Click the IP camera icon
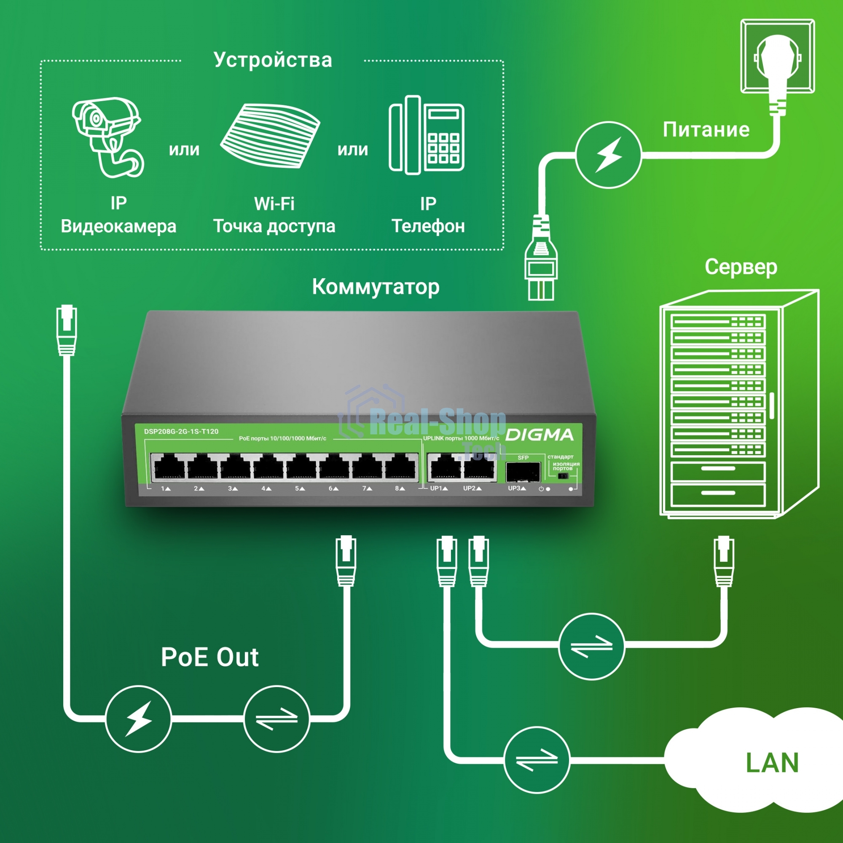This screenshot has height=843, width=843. pos(107,137)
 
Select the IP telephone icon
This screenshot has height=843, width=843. pos(426,135)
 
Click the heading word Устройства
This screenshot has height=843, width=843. pos(273,60)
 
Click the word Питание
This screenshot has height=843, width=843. pos(706,129)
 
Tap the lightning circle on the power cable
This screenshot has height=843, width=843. pos(608,155)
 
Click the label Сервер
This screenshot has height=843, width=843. pos(741,267)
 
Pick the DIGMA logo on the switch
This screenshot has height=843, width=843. pos(540,435)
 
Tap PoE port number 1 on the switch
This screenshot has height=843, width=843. pos(169,467)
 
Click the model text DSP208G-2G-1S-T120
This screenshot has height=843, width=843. pos(181,432)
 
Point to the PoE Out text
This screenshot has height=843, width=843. pos(209,657)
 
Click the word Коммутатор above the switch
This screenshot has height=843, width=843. pos(376,287)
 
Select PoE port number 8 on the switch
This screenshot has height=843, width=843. pos(400,467)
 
